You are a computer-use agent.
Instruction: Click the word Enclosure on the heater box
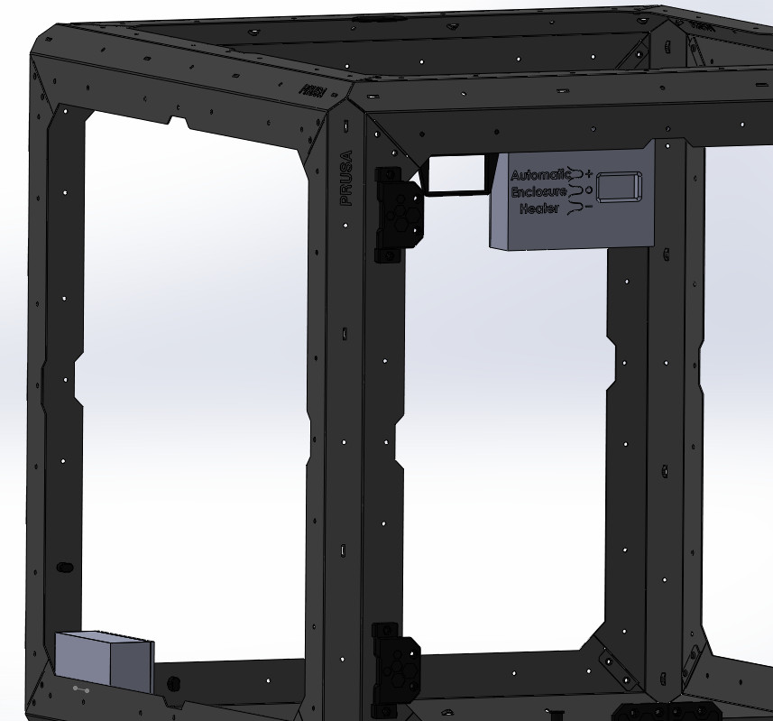point(539,192)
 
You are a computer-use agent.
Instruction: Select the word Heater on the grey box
point(539,209)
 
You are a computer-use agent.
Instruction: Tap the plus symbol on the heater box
point(589,172)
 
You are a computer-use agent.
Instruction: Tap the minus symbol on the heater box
point(588,207)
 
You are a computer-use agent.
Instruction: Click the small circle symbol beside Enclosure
point(589,189)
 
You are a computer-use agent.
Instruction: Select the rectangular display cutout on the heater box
point(619,187)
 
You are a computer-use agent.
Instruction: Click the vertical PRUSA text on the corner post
point(346,178)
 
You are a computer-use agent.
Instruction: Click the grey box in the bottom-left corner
point(104,662)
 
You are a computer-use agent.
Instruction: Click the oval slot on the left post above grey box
point(65,568)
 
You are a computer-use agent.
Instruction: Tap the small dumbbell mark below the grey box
point(81,690)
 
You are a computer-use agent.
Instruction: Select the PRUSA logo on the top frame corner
point(313,90)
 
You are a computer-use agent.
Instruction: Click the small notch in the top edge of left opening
point(179,120)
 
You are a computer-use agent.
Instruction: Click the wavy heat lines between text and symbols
point(576,190)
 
